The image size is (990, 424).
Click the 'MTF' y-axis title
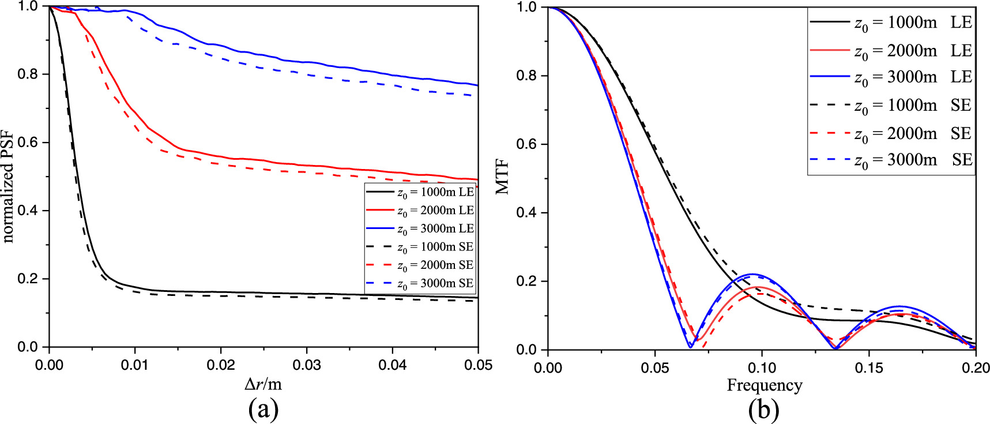pyautogui.click(x=503, y=177)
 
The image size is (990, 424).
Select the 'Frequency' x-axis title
pyautogui.click(x=764, y=385)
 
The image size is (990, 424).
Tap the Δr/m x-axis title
pyautogui.click(x=263, y=384)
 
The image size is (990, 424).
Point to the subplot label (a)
pyautogui.click(x=263, y=410)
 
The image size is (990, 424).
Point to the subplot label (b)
pyautogui.click(x=763, y=410)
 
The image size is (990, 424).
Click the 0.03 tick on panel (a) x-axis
pyautogui.click(x=307, y=365)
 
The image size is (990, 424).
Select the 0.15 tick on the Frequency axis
pyautogui.click(x=868, y=367)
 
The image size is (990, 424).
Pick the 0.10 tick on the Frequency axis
pyautogui.click(x=762, y=367)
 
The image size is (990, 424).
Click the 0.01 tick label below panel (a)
pyautogui.click(x=135, y=365)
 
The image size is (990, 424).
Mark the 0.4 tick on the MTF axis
pyautogui.click(x=525, y=213)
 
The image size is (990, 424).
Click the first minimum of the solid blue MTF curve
pyautogui.click(x=690, y=347)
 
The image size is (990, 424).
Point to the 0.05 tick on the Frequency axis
pyautogui.click(x=655, y=367)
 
